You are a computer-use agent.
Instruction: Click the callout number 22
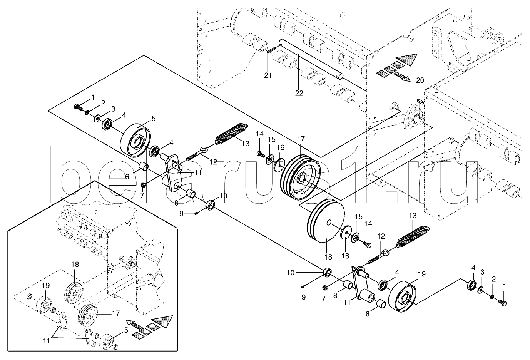pyautogui.click(x=299, y=93)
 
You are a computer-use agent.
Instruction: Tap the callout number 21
pyautogui.click(x=268, y=75)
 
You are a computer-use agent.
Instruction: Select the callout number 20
pyautogui.click(x=420, y=80)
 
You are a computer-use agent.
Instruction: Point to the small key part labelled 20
pyautogui.click(x=420, y=102)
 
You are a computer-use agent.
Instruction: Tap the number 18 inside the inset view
pyautogui.click(x=75, y=264)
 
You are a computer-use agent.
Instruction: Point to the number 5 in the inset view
pyautogui.click(x=126, y=330)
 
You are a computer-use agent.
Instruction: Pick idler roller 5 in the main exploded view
pyautogui.click(x=136, y=141)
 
